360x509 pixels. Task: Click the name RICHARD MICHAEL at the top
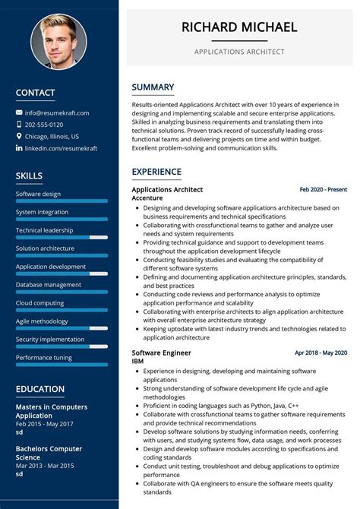pyautogui.click(x=239, y=27)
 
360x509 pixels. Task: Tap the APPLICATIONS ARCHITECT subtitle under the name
pyautogui.click(x=239, y=52)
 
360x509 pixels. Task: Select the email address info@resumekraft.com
pyautogui.click(x=57, y=112)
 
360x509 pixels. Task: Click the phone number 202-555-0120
pyautogui.click(x=44, y=125)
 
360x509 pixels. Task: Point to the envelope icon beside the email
pyautogui.click(x=18, y=112)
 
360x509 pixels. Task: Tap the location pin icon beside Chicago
pyautogui.click(x=18, y=137)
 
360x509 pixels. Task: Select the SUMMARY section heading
pyautogui.click(x=153, y=87)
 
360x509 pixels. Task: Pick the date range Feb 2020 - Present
pyautogui.click(x=323, y=189)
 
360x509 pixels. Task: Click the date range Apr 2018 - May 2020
pyautogui.click(x=321, y=353)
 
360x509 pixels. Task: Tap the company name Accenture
pyautogui.click(x=147, y=198)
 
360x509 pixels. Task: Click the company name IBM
pyautogui.click(x=138, y=362)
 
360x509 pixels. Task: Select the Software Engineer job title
pyautogui.click(x=161, y=353)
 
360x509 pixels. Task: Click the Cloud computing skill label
pyautogui.click(x=39, y=303)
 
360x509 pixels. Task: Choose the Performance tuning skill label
pyautogui.click(x=43, y=358)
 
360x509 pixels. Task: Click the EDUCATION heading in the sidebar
pyautogui.click(x=40, y=389)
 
